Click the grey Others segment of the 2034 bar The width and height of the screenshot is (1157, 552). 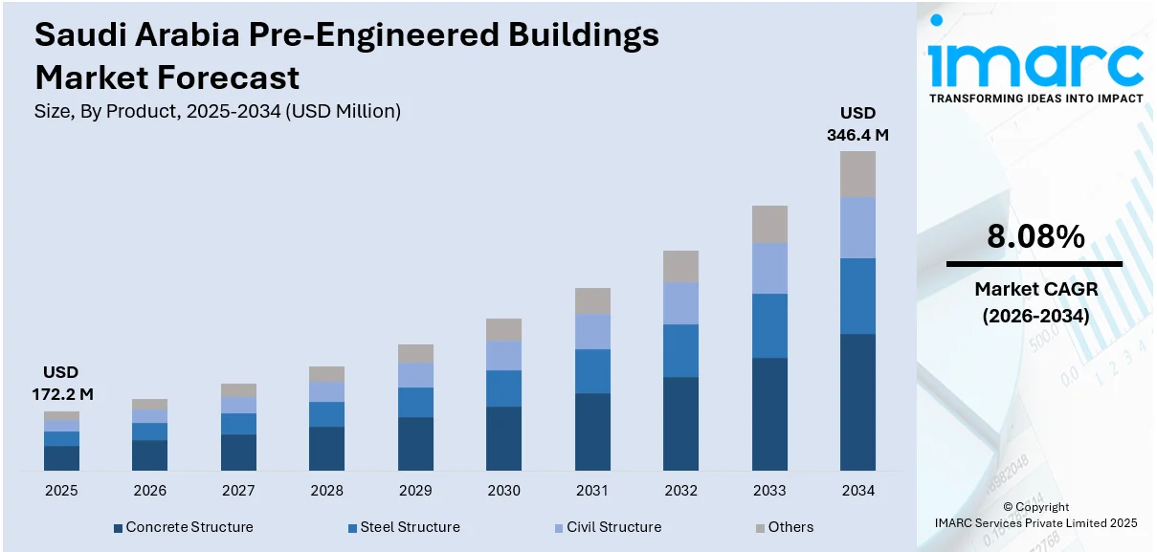tap(857, 174)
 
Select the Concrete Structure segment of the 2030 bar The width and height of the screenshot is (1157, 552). tap(503, 438)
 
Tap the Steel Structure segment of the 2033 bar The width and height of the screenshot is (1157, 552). tap(769, 325)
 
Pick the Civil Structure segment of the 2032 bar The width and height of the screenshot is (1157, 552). tap(680, 303)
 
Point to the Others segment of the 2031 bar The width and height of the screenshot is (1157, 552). tap(592, 300)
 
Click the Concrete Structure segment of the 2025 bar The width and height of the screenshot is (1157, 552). tap(61, 457)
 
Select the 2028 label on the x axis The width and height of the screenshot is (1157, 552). tap(326, 491)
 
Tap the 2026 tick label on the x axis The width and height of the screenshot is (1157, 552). tap(149, 491)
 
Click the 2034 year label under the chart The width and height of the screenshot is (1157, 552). tap(857, 491)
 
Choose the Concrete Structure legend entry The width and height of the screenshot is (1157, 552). tap(183, 527)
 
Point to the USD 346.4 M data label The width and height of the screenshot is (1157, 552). tap(857, 124)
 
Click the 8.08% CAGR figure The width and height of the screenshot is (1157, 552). tap(1035, 236)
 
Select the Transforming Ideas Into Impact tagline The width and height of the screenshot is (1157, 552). tap(1035, 98)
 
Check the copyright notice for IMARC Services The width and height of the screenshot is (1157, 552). tap(1035, 515)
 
